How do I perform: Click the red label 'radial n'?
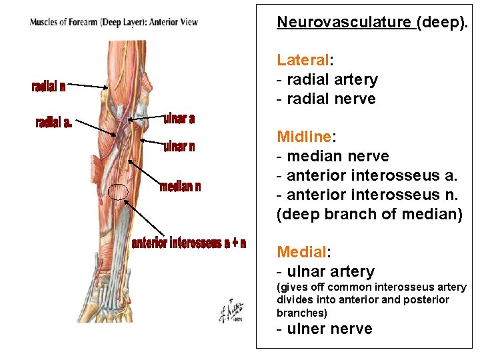(49, 86)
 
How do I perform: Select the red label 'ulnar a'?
(179, 119)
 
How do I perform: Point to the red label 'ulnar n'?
(179, 147)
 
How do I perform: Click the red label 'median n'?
(180, 186)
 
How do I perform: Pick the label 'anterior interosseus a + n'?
(189, 243)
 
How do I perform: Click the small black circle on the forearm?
(118, 191)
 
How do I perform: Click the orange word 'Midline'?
(304, 137)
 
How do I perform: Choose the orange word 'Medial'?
(302, 252)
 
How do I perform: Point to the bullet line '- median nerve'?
(333, 156)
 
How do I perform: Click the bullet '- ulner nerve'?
(325, 329)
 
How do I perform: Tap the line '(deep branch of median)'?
(369, 214)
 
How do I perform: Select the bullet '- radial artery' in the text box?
(327, 79)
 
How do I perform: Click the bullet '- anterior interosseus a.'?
(367, 175)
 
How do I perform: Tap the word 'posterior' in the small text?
(424, 300)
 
